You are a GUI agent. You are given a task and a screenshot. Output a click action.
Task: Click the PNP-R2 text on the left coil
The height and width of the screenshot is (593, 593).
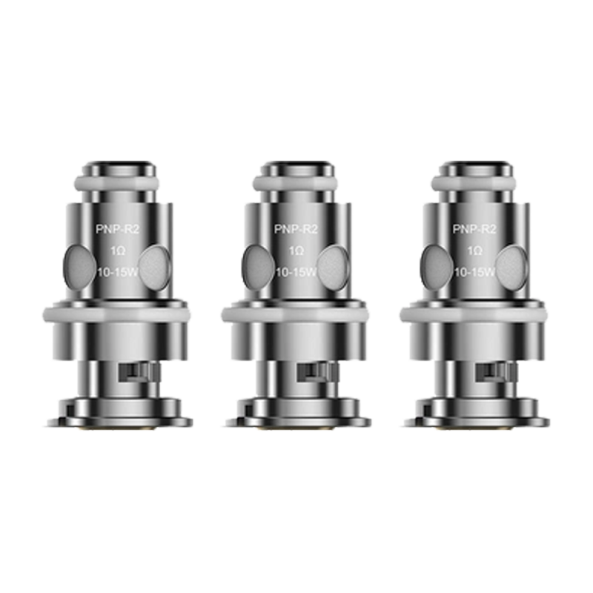pos(118,229)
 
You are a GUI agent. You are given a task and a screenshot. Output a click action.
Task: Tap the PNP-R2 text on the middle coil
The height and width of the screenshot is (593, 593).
pos(296,229)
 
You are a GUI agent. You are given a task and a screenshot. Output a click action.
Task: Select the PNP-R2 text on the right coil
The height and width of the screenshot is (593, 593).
pos(474,229)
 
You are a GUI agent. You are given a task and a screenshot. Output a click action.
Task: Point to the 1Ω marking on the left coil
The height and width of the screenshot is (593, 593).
pos(118,251)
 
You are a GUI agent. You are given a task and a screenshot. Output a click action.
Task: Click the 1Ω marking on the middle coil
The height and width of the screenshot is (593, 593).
pos(296,251)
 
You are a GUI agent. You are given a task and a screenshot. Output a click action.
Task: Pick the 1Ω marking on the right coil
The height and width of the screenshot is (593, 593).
pos(474,251)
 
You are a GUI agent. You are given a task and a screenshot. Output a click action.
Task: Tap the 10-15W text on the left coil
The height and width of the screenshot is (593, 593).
pos(118,272)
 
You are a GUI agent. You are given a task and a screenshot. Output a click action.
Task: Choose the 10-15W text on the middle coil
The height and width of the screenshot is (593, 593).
pos(296,272)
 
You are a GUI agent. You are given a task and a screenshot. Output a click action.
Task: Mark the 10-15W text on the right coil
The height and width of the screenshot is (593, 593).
pos(474,272)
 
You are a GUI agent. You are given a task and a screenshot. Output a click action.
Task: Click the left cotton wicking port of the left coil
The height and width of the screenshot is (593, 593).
pos(79,268)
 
